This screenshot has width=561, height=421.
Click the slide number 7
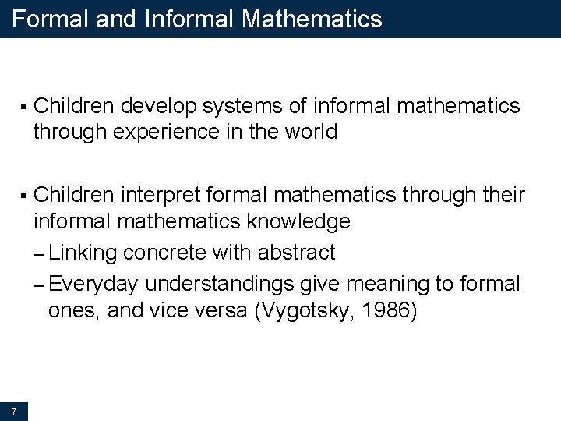point(14,410)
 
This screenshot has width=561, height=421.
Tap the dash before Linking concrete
point(39,254)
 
